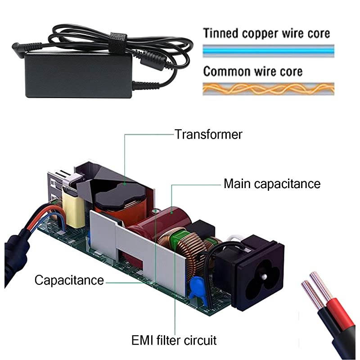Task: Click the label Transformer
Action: [x=208, y=134]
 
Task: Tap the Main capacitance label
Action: [x=272, y=184]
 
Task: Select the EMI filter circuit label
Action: [x=173, y=340]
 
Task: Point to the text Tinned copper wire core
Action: [x=266, y=33]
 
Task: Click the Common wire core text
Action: [x=252, y=71]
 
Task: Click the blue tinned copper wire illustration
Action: [x=268, y=51]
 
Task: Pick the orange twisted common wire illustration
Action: [x=268, y=89]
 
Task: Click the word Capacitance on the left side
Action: [x=69, y=280]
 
